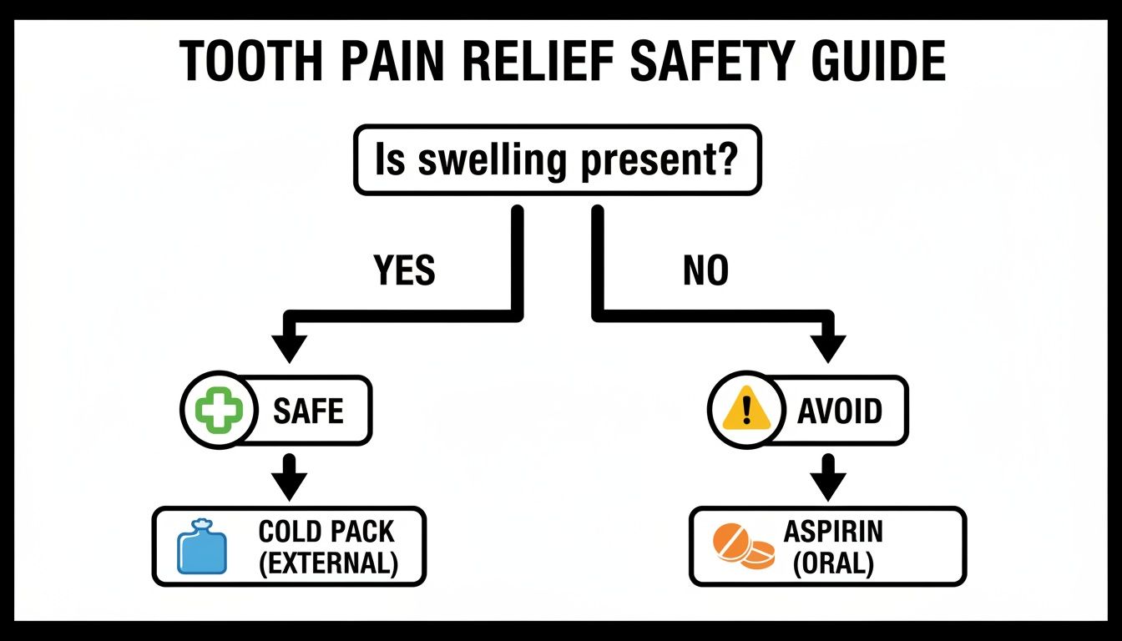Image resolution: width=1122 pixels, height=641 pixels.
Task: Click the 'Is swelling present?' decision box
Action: coord(557,160)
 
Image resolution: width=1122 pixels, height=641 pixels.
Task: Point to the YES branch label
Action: coord(405,270)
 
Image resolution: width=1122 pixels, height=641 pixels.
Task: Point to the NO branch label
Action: coord(705,270)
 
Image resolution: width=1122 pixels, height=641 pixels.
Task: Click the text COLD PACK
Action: coord(326,532)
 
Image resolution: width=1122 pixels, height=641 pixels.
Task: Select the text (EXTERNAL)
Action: coord(326,563)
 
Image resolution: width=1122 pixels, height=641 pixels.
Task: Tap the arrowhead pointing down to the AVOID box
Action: coord(827,346)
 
